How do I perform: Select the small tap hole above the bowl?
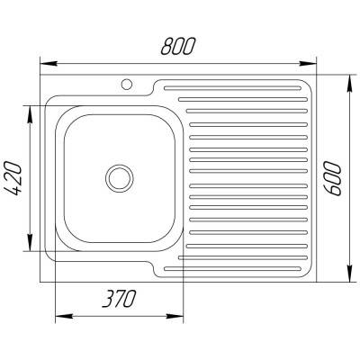126,85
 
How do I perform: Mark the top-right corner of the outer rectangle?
319,76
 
